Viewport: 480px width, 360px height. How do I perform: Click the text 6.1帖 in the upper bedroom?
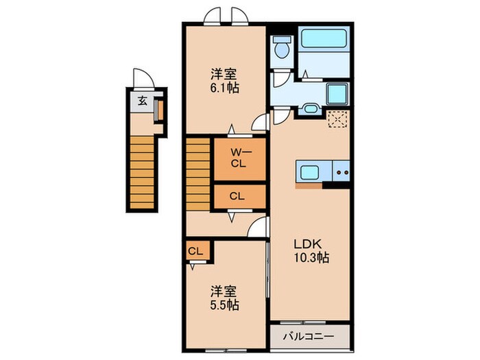[x=224, y=88]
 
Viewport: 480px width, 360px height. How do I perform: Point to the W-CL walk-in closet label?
[x=237, y=158]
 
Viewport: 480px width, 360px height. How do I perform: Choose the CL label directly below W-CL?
[x=237, y=196]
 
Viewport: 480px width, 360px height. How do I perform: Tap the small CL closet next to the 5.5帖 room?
[x=195, y=252]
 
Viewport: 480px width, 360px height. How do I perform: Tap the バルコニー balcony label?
[x=309, y=337]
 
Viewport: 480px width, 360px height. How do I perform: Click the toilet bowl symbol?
[x=280, y=49]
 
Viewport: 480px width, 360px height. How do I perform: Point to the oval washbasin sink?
[x=309, y=108]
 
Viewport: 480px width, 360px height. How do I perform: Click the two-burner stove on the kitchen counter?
[x=341, y=171]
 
